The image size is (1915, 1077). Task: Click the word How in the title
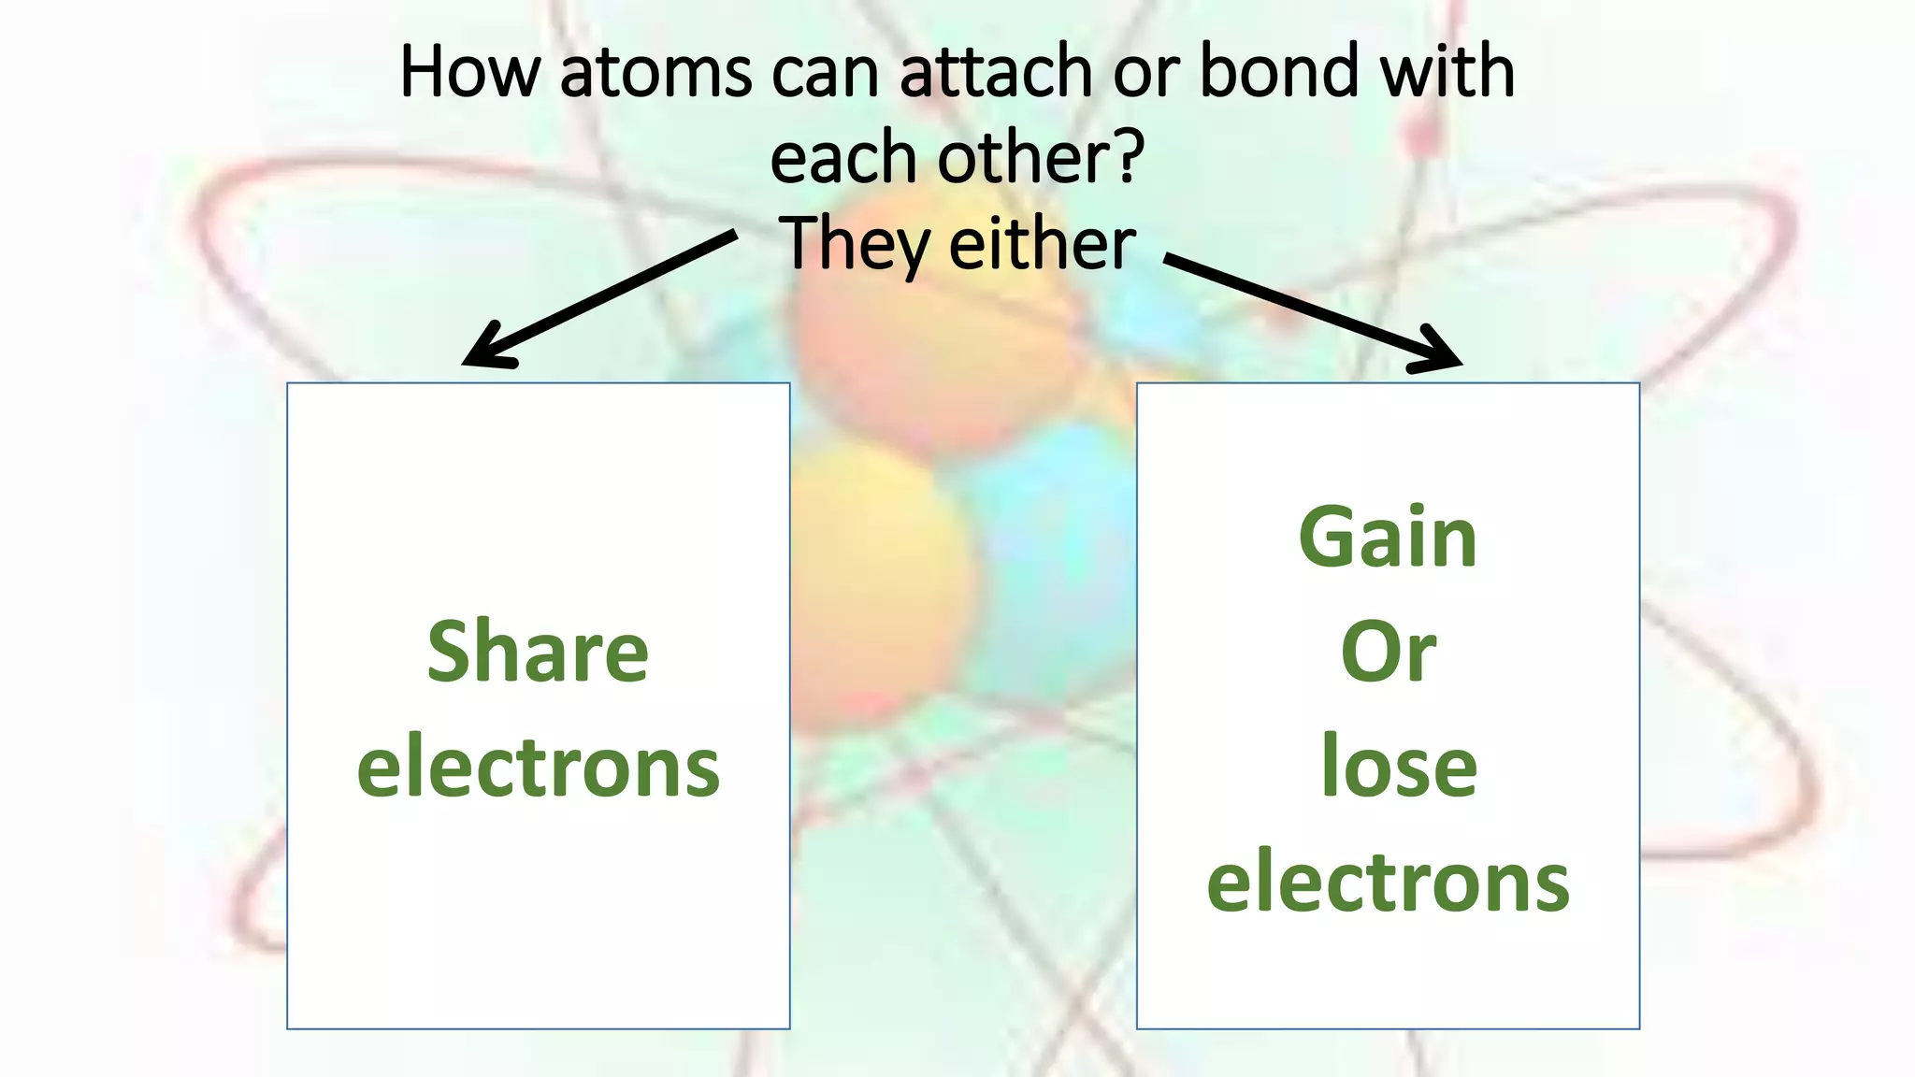(470, 73)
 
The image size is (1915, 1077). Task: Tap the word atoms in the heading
(655, 73)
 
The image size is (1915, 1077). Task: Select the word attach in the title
(997, 73)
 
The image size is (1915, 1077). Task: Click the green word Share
(538, 653)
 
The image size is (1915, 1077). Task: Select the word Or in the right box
(1388, 653)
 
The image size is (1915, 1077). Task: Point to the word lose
(1399, 767)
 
